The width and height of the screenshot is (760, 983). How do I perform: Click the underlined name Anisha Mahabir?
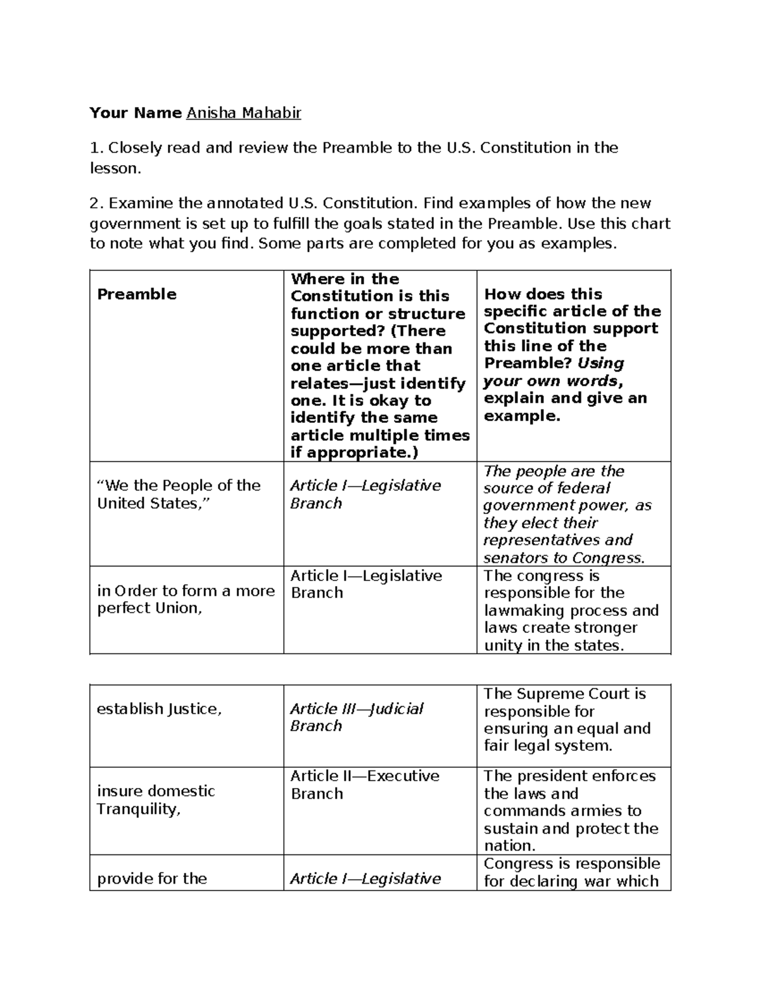(x=243, y=113)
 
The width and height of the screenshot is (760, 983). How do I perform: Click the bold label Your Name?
(x=136, y=113)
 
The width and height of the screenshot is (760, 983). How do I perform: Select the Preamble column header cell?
(x=137, y=294)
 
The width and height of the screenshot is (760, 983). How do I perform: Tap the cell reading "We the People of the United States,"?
(x=179, y=494)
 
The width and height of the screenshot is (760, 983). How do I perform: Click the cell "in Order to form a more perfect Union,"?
(x=186, y=599)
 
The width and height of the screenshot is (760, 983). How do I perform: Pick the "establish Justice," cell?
(x=159, y=709)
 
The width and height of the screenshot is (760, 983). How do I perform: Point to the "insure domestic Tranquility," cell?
(x=156, y=800)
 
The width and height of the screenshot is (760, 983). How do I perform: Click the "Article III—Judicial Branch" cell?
(x=357, y=717)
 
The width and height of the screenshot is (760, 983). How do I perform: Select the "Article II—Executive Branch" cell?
(x=365, y=785)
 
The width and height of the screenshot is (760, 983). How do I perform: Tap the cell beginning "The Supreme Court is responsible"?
(x=567, y=720)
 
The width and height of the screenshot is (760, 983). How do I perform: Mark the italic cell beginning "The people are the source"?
(x=567, y=514)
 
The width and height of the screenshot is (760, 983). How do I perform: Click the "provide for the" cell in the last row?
(x=152, y=879)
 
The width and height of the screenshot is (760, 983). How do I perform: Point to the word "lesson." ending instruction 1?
(x=114, y=168)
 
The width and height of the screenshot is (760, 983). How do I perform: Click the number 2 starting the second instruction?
(x=94, y=204)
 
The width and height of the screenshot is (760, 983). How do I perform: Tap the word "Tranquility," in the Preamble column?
(x=138, y=809)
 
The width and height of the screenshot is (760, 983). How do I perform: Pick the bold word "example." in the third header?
(x=522, y=416)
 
